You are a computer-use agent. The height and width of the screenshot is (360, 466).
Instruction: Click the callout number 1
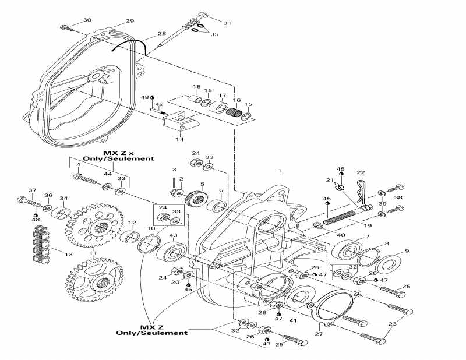coord(280,172)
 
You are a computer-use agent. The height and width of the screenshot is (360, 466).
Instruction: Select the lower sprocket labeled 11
coord(93,281)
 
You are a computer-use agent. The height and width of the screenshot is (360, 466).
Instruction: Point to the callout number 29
coord(130,20)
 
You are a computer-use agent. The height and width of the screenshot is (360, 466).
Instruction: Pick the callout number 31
coord(227,23)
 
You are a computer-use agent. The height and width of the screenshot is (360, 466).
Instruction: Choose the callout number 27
coord(318,334)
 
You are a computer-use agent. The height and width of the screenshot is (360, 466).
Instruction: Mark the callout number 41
coord(293,321)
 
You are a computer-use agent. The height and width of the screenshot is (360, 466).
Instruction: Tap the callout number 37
coord(32,190)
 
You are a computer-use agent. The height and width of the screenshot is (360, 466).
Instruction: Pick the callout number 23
coord(391,324)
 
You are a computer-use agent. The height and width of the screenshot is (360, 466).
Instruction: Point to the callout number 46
coord(188,289)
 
